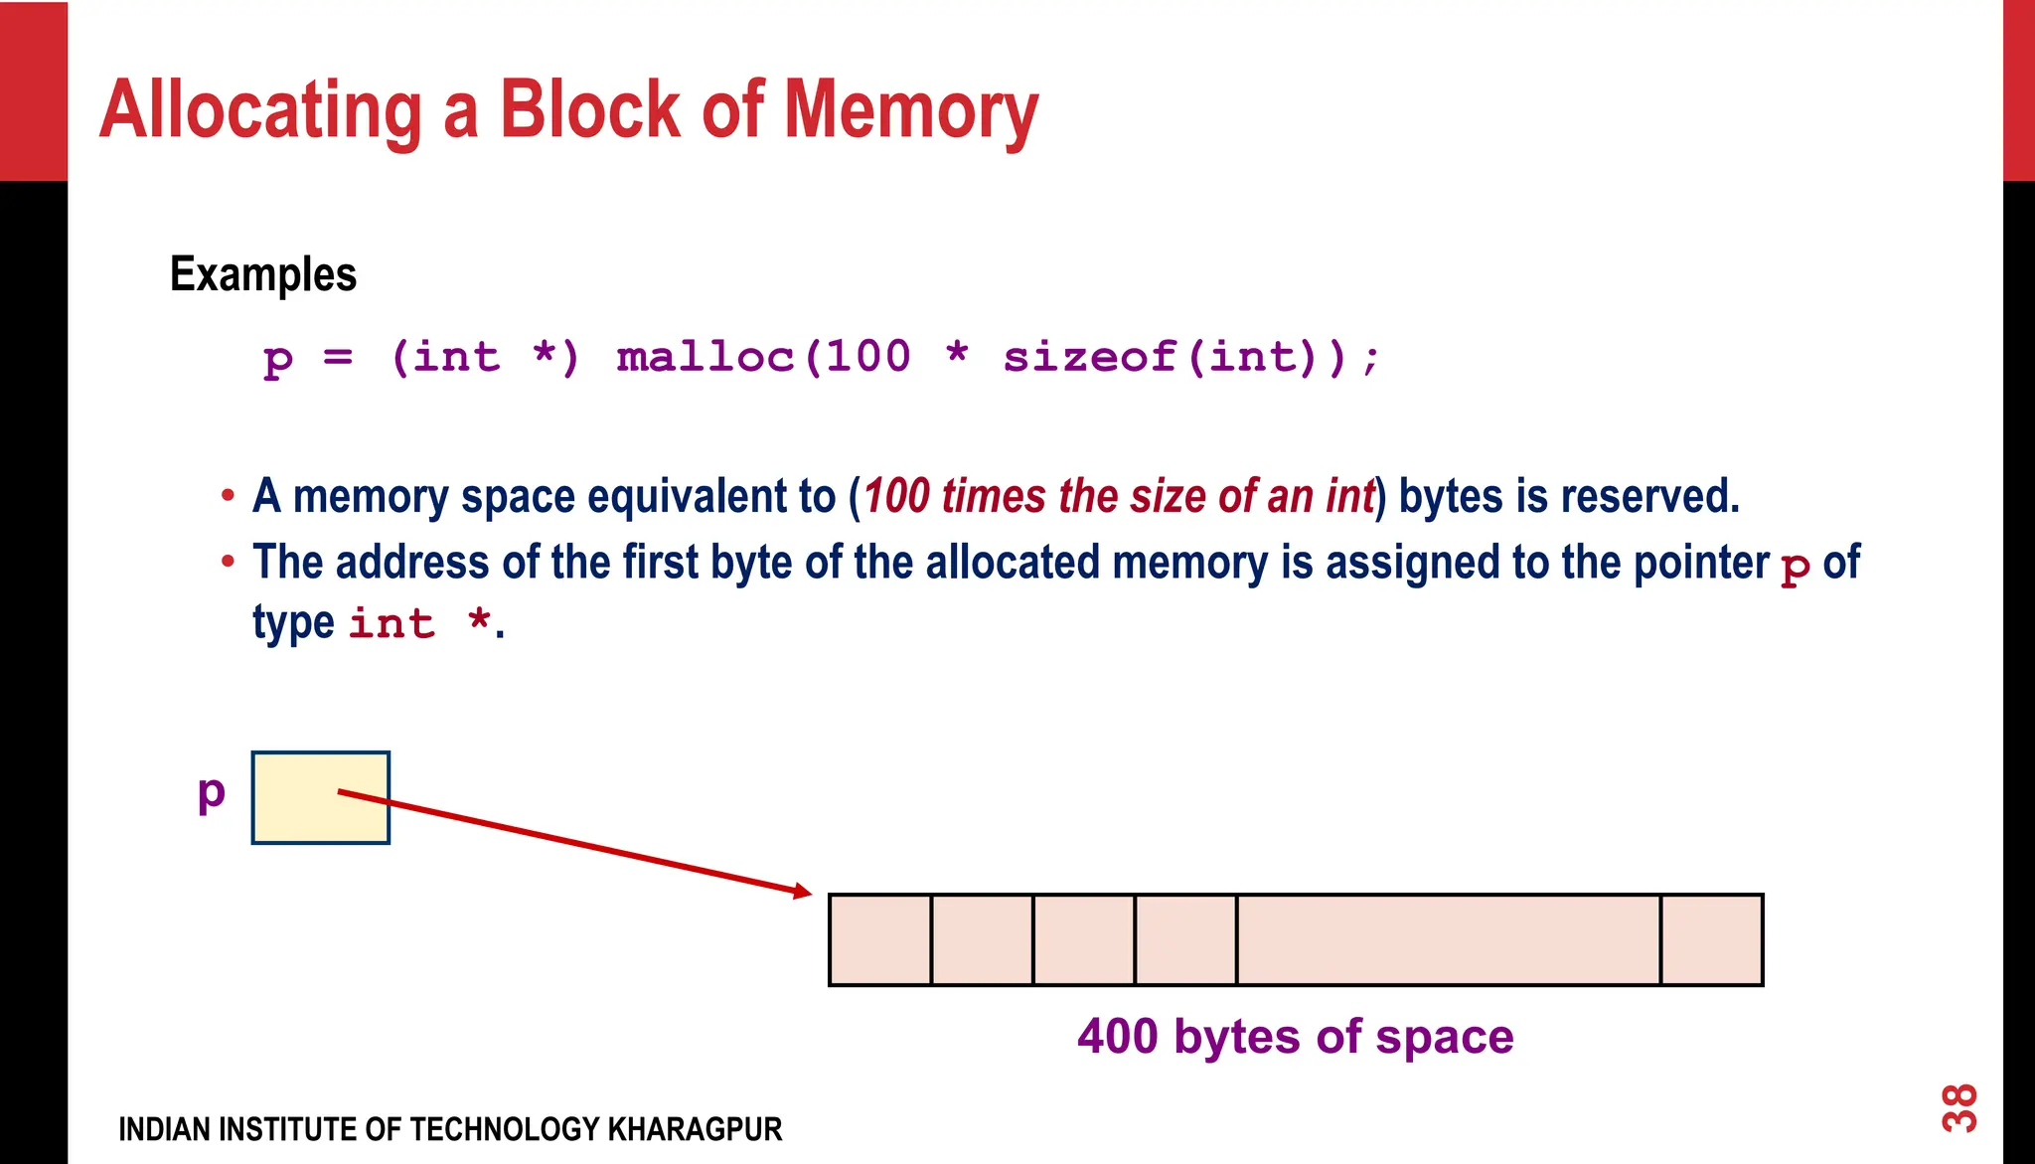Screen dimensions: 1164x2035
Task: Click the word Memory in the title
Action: pyautogui.click(x=910, y=111)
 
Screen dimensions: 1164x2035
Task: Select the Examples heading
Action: pyautogui.click(x=263, y=274)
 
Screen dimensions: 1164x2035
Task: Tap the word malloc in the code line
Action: pyautogui.click(x=705, y=357)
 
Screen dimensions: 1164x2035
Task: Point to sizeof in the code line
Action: pyautogui.click(x=1089, y=357)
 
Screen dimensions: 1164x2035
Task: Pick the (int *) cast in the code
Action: pyautogui.click(x=485, y=357)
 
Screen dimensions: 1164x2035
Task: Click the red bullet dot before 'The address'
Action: pyautogui.click(x=229, y=562)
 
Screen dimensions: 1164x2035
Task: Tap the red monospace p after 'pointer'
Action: pyautogui.click(x=1796, y=567)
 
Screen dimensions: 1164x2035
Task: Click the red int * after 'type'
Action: pyautogui.click(x=419, y=624)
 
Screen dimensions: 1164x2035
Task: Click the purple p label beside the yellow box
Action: pyautogui.click(x=212, y=793)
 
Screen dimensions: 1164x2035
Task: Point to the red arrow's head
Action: pyautogui.click(x=803, y=892)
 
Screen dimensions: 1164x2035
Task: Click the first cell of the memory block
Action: pyautogui.click(x=880, y=940)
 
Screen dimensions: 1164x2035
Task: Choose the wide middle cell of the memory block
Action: pyautogui.click(x=1449, y=940)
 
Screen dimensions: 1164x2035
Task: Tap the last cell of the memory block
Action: pyautogui.click(x=1712, y=940)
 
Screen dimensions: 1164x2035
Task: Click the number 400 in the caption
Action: pyautogui.click(x=1118, y=1037)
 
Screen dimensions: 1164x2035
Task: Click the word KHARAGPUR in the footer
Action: pyautogui.click(x=695, y=1130)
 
